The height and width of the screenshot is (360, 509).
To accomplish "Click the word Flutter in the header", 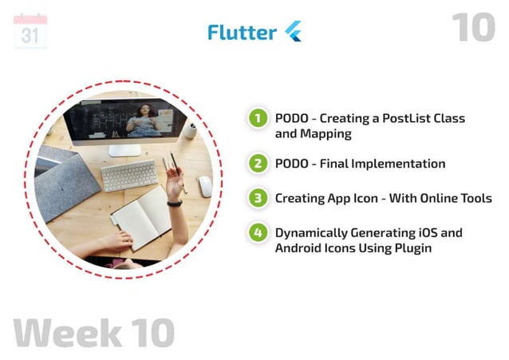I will click(242, 32).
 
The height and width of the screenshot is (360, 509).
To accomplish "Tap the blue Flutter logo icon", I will click(293, 32).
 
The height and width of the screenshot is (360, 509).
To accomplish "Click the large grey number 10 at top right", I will click(473, 28).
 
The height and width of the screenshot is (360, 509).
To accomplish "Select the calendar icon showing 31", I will click(30, 32).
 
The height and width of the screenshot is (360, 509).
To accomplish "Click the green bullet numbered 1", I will click(257, 119).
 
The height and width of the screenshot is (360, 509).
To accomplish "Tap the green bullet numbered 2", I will click(257, 164).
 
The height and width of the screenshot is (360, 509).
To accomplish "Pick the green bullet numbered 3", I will click(257, 198).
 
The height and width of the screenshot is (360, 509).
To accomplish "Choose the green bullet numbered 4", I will click(257, 233).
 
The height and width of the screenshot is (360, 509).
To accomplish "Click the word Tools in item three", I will click(475, 198).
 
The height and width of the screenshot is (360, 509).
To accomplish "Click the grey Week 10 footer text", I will click(94, 332).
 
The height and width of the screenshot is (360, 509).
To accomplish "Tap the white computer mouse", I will click(205, 187).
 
